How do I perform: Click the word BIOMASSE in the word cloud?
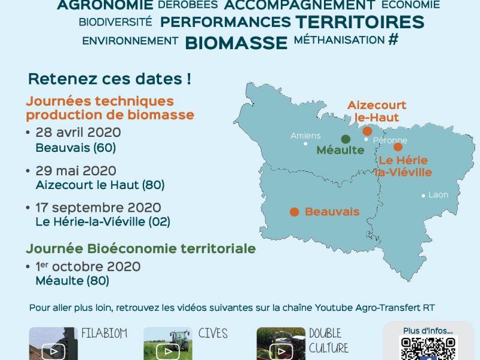[236, 43]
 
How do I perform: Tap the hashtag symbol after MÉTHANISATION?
[394, 39]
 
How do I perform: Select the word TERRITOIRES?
[360, 22]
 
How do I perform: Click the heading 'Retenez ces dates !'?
[110, 79]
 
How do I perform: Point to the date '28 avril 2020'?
[78, 132]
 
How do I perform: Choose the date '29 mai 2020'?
[76, 170]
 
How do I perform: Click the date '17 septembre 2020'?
[98, 208]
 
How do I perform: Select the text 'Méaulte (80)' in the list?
[72, 281]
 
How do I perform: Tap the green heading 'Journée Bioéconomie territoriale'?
[141, 248]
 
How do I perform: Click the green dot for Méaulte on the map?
[346, 139]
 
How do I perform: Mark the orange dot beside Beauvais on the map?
[294, 212]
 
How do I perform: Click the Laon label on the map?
[439, 194]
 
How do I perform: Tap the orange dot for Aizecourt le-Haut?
[367, 131]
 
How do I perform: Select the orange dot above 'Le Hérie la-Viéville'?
[398, 147]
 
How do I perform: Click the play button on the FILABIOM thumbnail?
[53, 351]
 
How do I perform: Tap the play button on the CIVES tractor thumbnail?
[168, 352]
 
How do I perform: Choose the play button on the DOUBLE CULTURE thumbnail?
[281, 352]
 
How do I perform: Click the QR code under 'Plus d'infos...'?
[428, 349]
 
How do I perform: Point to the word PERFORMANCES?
[226, 22]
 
